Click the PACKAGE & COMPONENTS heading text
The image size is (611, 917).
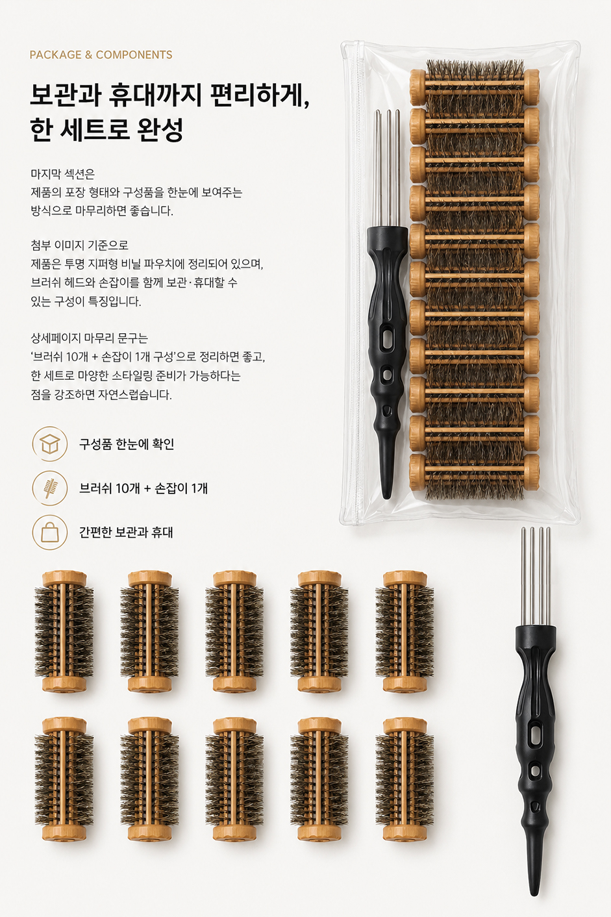pos(101,55)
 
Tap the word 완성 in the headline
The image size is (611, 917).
pos(162,130)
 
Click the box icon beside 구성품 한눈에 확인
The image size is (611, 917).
pos(50,444)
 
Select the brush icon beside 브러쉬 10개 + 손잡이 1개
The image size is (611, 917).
pos(50,488)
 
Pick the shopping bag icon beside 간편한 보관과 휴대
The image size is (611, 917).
pos(50,532)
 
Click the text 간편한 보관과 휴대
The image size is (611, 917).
pos(126,532)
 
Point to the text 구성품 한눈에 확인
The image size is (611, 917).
pos(127,444)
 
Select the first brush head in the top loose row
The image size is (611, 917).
pos(64,632)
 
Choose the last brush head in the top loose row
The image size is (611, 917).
pos(405,632)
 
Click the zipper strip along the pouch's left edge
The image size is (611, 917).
pos(359,283)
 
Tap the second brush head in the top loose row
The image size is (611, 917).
pos(149,632)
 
